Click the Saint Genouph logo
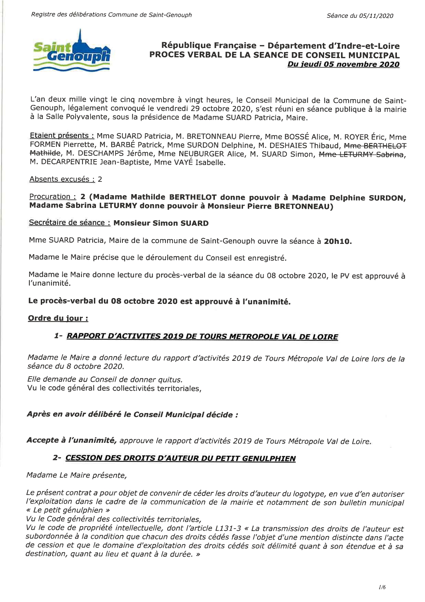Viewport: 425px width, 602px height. (x=72, y=51)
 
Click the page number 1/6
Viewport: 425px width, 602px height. (x=382, y=587)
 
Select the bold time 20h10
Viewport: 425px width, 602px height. (x=338, y=241)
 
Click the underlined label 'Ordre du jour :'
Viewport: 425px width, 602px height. (x=58, y=318)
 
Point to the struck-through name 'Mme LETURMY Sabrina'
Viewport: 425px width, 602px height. (x=361, y=154)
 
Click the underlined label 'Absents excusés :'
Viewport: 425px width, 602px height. (x=62, y=179)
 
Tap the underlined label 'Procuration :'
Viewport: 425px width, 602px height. (x=52, y=197)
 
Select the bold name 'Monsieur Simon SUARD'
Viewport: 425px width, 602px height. (x=161, y=223)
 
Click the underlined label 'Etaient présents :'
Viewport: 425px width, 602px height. (x=62, y=136)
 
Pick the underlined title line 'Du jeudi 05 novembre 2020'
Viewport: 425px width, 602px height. (x=343, y=64)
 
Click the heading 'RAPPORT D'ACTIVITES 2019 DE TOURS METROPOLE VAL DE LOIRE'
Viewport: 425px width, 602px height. (x=202, y=337)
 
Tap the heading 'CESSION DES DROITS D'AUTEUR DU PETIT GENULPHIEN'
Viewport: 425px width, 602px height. (x=180, y=459)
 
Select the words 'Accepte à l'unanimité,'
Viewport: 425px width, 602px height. (x=72, y=440)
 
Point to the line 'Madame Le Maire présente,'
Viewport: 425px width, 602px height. (x=76, y=475)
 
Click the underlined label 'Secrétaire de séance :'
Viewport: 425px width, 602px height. (x=70, y=223)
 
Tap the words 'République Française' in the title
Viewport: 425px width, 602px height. (x=209, y=46)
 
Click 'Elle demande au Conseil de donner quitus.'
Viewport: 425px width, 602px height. (x=105, y=380)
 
